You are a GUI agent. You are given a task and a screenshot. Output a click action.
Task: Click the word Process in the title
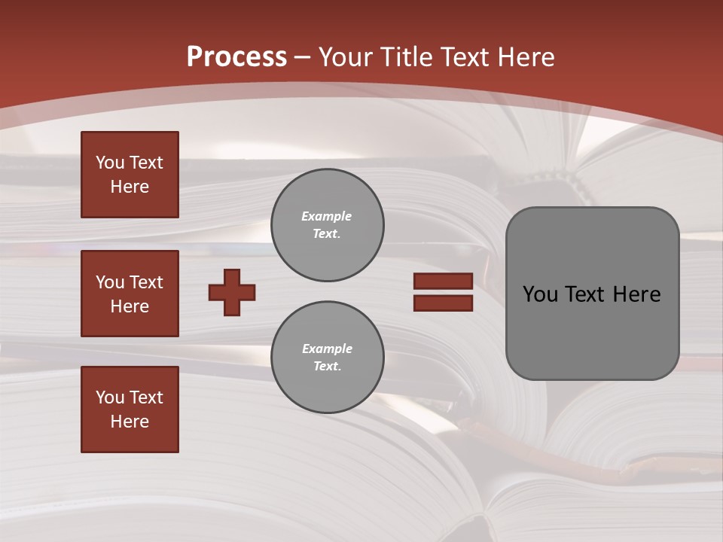[x=236, y=57]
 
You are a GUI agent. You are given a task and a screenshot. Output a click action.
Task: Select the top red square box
[x=130, y=175]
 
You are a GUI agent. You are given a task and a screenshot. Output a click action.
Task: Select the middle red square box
[x=130, y=294]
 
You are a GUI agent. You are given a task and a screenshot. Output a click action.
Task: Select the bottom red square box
[x=130, y=410]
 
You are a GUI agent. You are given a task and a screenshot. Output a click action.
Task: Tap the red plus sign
[x=232, y=292]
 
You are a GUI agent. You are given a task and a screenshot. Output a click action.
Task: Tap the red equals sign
[x=443, y=292]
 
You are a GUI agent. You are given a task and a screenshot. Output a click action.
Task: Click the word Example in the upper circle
[x=327, y=216]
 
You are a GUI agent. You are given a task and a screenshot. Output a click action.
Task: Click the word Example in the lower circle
[x=327, y=349]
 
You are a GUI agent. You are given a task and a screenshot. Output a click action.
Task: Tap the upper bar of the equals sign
[x=443, y=282]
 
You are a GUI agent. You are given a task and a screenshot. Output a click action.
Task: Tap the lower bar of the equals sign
[x=443, y=303]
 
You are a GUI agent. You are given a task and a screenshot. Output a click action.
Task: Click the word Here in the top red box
[x=130, y=187]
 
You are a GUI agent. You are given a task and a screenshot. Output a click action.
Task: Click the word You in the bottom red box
[x=109, y=397]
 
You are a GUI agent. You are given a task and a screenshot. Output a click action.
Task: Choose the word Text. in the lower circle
[x=327, y=367]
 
